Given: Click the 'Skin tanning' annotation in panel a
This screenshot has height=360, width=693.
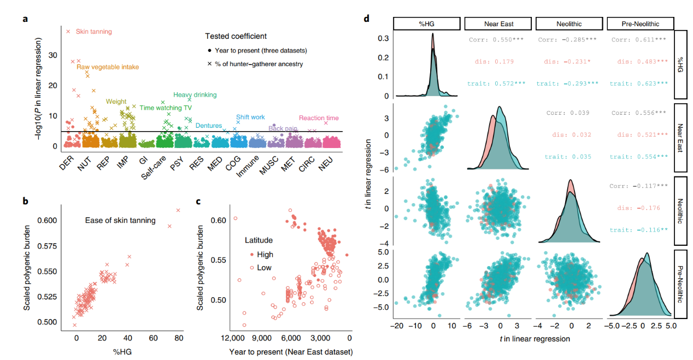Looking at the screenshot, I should (93, 32).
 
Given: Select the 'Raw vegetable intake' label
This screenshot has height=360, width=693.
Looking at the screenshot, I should (108, 67).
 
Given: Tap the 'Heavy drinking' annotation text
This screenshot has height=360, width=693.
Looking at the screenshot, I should (195, 95).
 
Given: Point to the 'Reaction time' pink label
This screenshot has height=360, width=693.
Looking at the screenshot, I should (319, 118).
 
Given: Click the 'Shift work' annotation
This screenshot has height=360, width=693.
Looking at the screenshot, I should (250, 117).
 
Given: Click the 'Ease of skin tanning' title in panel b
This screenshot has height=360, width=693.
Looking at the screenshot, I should (120, 221).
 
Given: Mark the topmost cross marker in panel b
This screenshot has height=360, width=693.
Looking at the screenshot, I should (178, 210).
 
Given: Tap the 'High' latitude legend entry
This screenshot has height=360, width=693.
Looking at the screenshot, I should (265, 255).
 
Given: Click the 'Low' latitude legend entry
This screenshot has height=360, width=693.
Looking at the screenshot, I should (264, 268).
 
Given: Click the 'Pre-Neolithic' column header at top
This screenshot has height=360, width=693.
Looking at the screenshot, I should (640, 23).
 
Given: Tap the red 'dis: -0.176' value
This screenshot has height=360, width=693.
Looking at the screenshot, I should (639, 208).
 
